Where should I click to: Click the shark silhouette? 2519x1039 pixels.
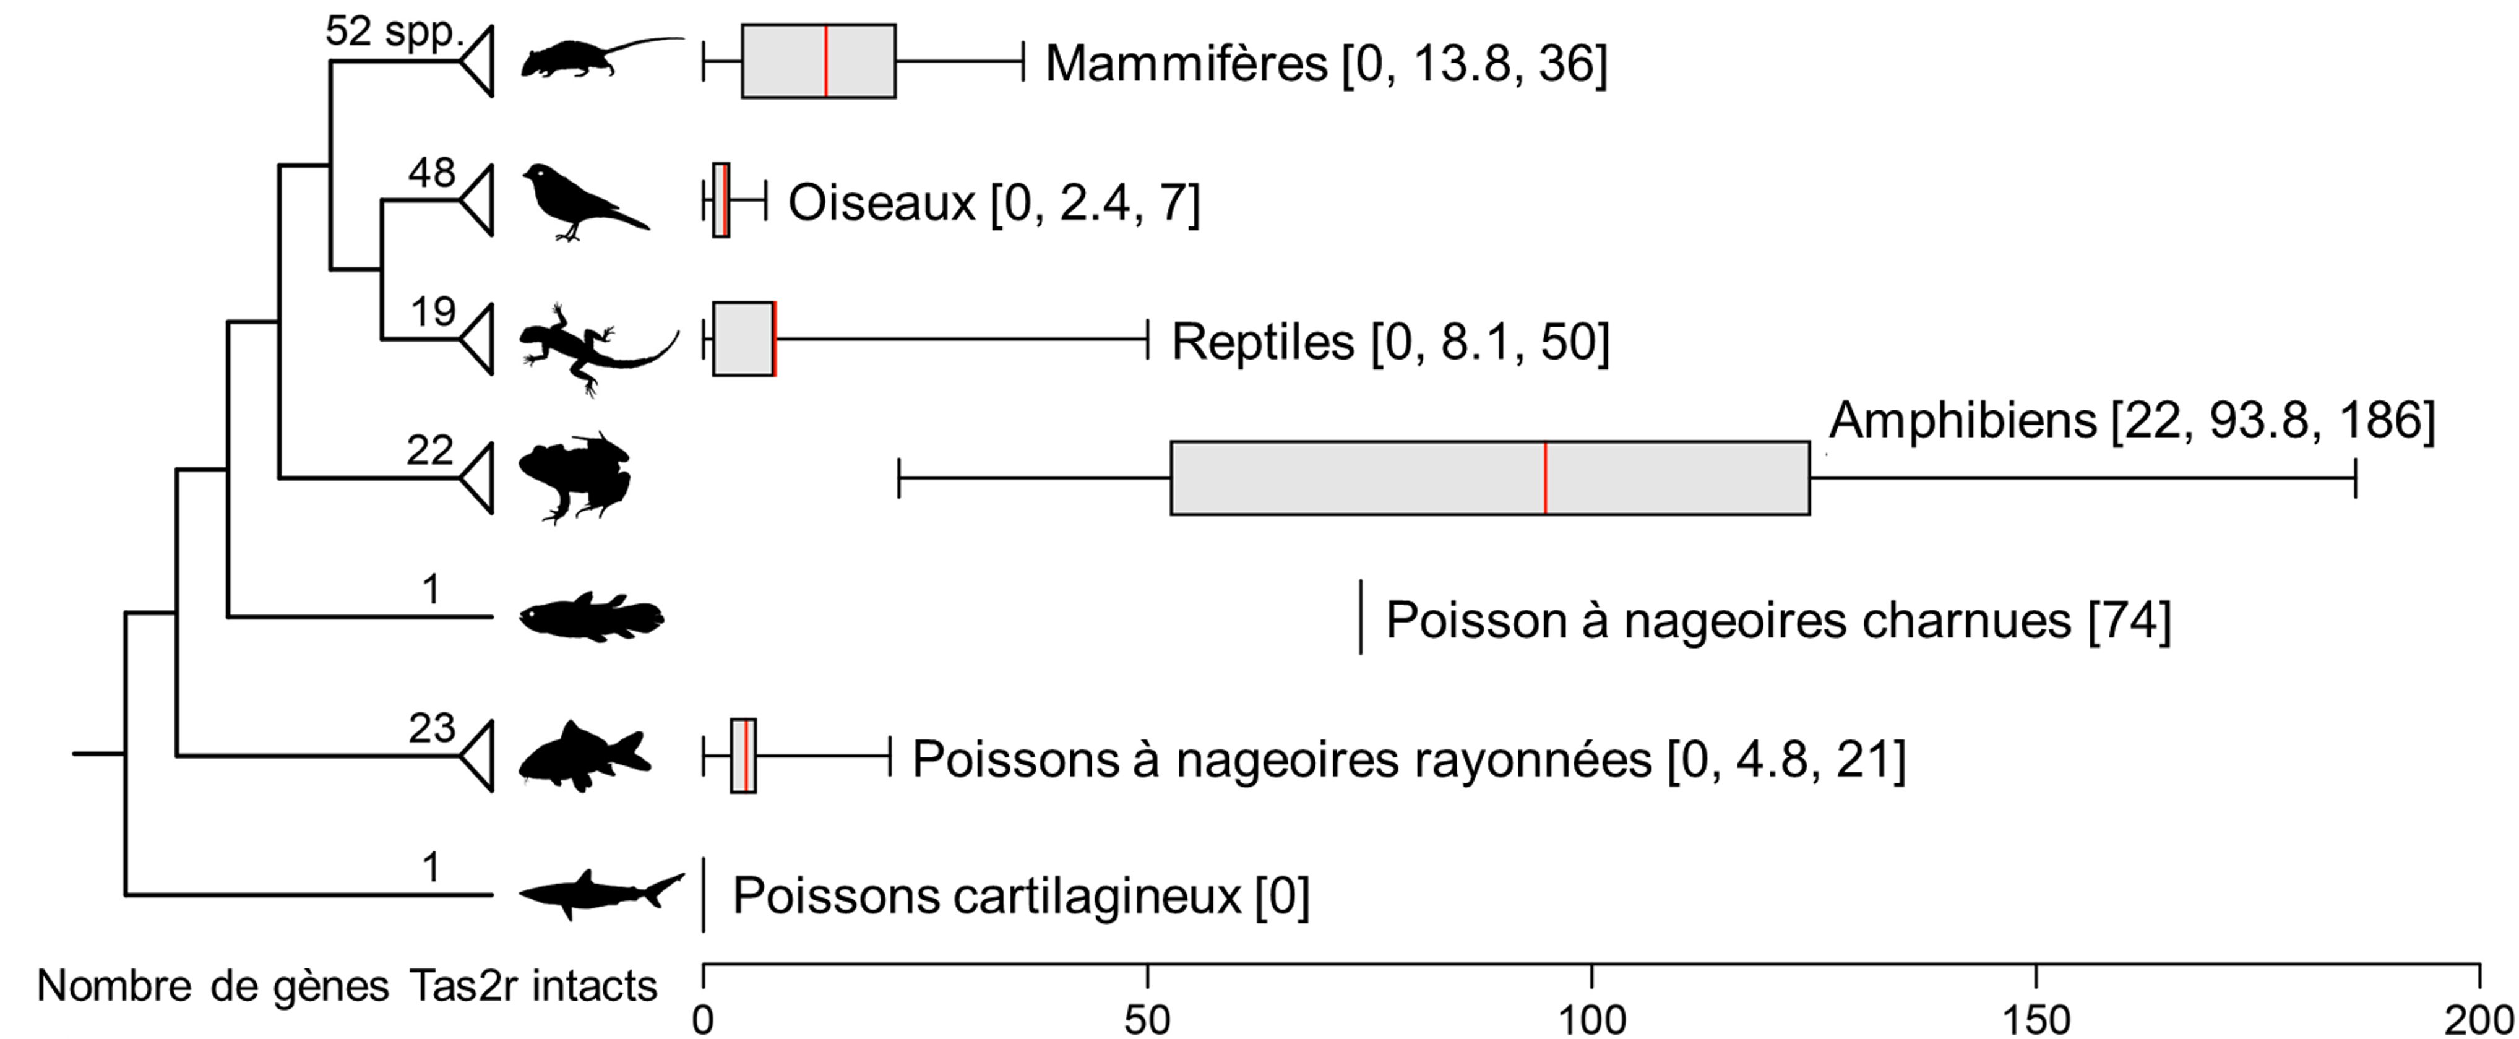coord(596,892)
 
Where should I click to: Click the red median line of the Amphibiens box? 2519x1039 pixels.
coord(1545,478)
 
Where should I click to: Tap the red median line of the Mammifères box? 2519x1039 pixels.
coord(826,61)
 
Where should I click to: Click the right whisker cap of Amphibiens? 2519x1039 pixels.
coord(2356,478)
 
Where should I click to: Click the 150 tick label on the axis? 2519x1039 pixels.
coord(2036,1019)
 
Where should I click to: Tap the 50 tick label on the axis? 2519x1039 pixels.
coord(1147,1019)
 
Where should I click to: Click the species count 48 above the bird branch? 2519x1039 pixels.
coord(431,173)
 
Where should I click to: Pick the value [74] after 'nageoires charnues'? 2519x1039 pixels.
coord(2129,620)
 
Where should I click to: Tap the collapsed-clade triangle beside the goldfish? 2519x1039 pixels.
coord(477,756)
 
